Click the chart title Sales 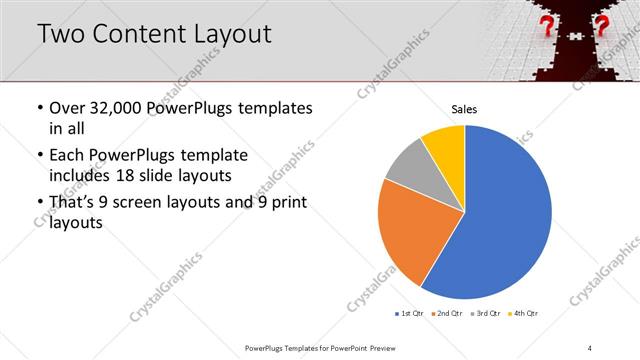(464, 108)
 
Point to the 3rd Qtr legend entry (484, 314)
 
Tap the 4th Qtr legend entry (522, 314)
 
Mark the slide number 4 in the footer (590, 347)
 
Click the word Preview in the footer (394, 347)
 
